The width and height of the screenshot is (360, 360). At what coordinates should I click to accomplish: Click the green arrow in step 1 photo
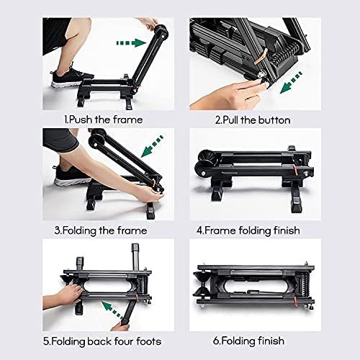(x=131, y=43)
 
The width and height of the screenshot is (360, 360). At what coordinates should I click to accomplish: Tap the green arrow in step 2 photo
(x=291, y=82)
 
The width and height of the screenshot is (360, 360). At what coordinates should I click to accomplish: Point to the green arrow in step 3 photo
(x=152, y=146)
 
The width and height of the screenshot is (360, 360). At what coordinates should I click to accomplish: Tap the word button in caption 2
(x=274, y=120)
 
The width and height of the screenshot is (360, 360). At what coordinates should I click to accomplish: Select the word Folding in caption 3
(x=79, y=231)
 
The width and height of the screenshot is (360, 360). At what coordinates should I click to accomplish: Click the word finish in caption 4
(x=287, y=230)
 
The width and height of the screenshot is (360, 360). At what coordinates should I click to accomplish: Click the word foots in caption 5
(x=149, y=341)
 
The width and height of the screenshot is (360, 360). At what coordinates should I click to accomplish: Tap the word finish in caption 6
(x=271, y=341)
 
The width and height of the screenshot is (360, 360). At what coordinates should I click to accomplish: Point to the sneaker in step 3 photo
(x=71, y=176)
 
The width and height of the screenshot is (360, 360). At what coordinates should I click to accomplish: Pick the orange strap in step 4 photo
(x=297, y=168)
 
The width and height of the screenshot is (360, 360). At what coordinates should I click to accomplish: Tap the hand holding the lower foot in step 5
(x=121, y=325)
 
